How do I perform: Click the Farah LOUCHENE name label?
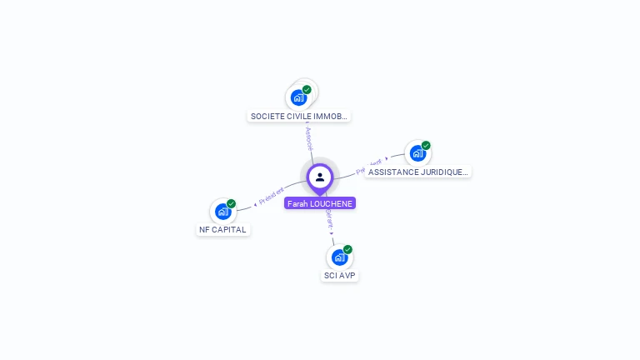320,203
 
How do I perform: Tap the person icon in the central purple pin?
320,177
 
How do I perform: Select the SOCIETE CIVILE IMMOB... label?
298,117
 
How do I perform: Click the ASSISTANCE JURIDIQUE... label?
417,172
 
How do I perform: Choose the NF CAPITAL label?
223,229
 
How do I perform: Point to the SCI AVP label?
340,275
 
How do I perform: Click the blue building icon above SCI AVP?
338,257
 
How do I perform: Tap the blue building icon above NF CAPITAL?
222,212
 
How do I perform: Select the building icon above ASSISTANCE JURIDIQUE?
417,153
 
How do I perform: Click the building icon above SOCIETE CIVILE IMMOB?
298,97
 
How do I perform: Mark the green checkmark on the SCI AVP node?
347,249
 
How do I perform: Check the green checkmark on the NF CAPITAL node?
231,203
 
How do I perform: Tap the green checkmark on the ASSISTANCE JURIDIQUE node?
426,145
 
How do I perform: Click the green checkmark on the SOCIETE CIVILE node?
307,89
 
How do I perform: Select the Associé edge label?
308,138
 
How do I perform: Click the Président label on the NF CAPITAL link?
272,197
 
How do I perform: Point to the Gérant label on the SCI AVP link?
329,219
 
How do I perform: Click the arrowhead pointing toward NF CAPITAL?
255,203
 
